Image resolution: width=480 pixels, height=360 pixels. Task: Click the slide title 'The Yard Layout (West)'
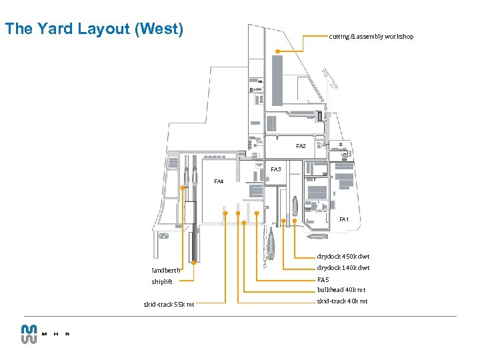(x=93, y=29)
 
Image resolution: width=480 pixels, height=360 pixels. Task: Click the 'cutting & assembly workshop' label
(x=371, y=37)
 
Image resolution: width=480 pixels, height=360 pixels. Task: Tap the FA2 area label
(x=301, y=146)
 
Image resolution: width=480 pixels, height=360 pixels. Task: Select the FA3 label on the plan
(x=275, y=169)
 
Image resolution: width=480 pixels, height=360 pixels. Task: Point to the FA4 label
(x=219, y=181)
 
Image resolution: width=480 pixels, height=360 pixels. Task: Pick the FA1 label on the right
(x=343, y=219)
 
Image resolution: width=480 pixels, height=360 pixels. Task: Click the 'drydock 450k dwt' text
(x=343, y=256)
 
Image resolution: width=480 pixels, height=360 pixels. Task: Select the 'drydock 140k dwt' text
(x=343, y=268)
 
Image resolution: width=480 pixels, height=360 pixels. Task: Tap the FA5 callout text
(x=323, y=280)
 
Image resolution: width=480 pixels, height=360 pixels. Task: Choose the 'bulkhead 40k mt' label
(x=341, y=290)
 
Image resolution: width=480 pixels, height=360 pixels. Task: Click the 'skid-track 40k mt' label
(x=341, y=301)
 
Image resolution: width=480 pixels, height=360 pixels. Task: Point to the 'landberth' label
(x=166, y=270)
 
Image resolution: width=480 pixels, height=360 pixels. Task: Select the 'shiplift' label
(x=161, y=281)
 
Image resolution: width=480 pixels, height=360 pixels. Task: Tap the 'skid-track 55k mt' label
(x=169, y=305)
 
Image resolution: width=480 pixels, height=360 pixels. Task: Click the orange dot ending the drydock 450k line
(x=295, y=220)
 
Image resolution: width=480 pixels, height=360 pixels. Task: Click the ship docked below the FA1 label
(x=317, y=236)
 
